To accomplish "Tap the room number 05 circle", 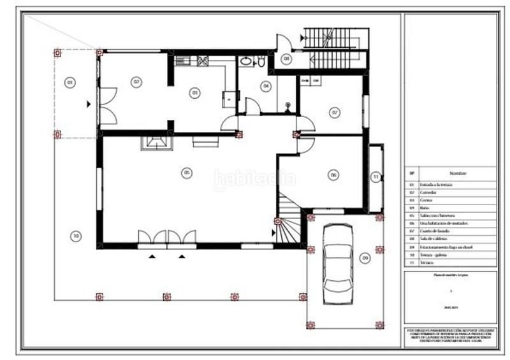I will click(187, 172).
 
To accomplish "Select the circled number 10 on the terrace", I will click(75, 236).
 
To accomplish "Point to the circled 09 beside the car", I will click(365, 258).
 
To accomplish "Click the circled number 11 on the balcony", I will click(376, 176).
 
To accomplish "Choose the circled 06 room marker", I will click(333, 174).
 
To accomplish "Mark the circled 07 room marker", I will click(335, 112).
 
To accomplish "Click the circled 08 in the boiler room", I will click(287, 59).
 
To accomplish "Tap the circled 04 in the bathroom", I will click(266, 85).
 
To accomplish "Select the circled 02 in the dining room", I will click(136, 82).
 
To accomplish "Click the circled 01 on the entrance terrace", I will click(70, 82).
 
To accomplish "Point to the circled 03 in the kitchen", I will click(194, 92).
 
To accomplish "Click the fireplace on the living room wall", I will click(156, 141).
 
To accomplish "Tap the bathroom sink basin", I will click(246, 62).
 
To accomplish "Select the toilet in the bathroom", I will click(261, 62).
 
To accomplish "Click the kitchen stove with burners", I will click(203, 61).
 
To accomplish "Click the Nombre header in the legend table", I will click(458, 173).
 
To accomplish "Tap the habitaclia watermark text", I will click(255, 180).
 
